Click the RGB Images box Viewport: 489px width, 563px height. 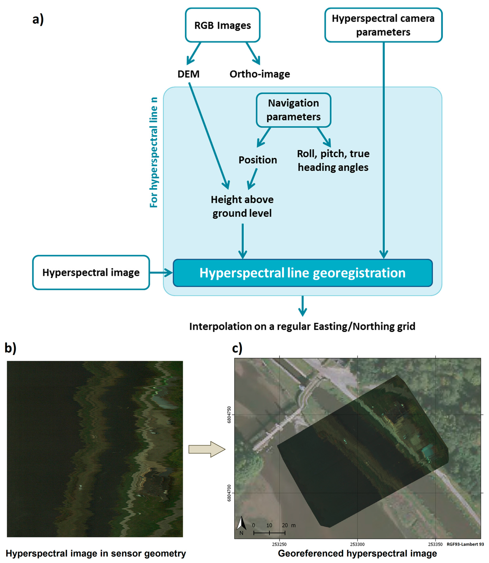(222, 25)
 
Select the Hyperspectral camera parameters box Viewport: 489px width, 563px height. (383, 25)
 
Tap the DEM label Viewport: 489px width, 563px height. (188, 74)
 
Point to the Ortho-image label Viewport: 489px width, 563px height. (260, 74)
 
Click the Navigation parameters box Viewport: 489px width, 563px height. (293, 110)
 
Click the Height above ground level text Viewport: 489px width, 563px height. (242, 206)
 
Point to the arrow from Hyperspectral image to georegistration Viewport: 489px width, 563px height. (161, 272)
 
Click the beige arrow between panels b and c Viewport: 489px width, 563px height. (207, 449)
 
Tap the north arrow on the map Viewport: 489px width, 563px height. (241, 524)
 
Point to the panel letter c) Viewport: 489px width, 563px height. (237, 349)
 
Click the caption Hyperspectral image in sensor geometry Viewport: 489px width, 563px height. (96, 554)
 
